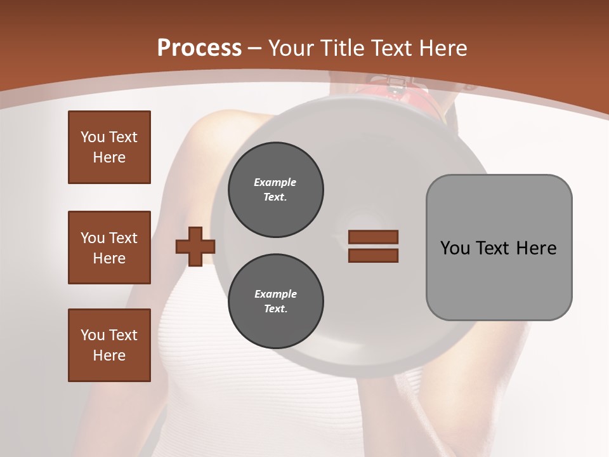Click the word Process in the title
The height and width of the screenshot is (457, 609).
(199, 48)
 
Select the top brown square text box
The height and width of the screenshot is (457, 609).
(109, 147)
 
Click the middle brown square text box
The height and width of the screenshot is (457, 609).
(109, 248)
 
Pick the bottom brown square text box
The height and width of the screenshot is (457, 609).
(109, 345)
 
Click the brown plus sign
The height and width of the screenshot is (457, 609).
(195, 246)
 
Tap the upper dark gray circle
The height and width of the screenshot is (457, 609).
(275, 190)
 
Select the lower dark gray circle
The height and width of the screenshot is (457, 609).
(275, 301)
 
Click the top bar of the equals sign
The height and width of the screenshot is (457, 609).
(373, 237)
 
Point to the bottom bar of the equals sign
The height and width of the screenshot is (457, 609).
(373, 255)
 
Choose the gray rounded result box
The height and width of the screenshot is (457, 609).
(499, 247)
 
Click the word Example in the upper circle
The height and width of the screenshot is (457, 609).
(275, 182)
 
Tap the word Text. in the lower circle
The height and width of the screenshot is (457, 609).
(275, 309)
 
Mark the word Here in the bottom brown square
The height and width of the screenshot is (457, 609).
(109, 355)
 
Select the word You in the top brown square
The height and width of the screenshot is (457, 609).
(92, 137)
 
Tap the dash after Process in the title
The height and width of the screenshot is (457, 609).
(255, 48)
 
